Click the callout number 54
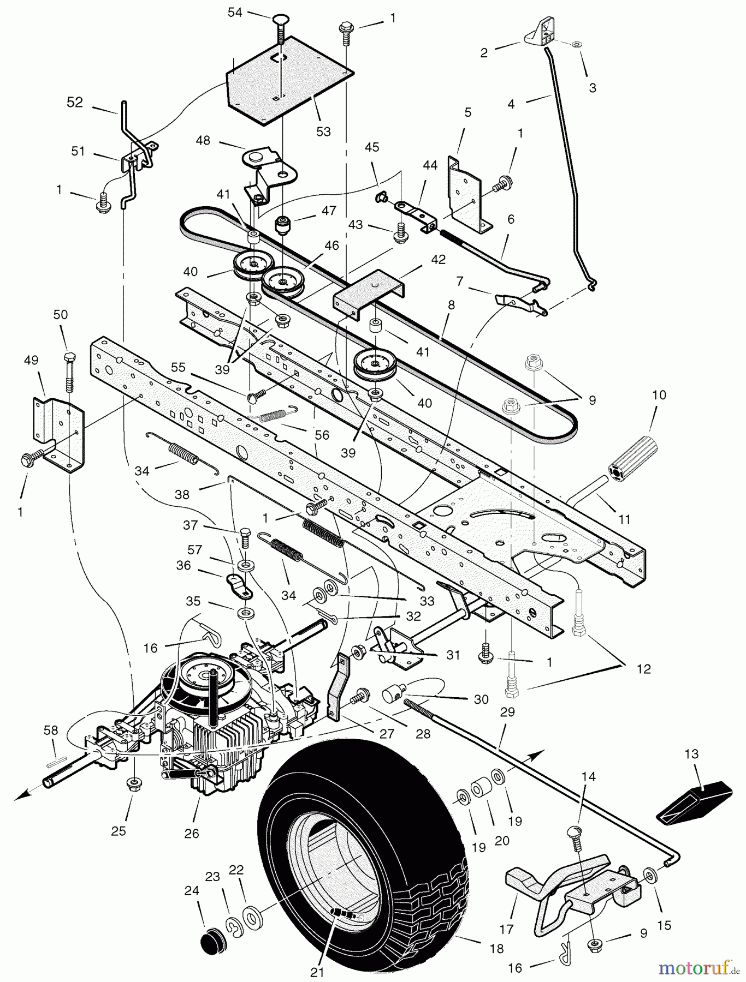click(235, 12)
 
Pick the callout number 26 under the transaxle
click(192, 833)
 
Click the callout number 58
click(51, 729)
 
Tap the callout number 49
click(31, 360)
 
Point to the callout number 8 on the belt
click(451, 306)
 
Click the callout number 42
click(438, 259)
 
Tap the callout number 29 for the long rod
click(507, 712)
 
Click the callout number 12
click(644, 669)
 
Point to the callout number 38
click(182, 494)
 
